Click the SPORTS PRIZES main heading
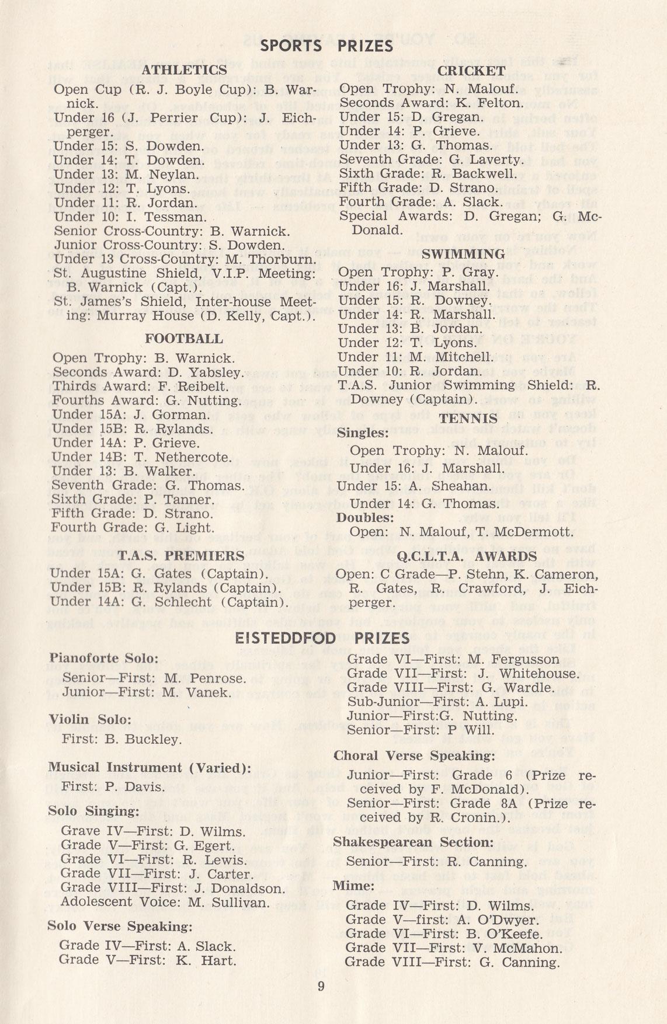click(x=326, y=46)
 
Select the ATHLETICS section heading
click(x=185, y=71)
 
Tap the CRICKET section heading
click(x=471, y=71)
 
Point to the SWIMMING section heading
click(x=463, y=255)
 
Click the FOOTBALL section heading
click(x=184, y=339)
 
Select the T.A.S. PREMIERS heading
click(x=181, y=556)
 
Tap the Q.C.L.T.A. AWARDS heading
click(x=467, y=556)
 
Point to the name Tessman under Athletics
click(x=179, y=217)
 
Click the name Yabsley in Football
click(x=214, y=372)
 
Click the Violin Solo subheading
click(x=90, y=720)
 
